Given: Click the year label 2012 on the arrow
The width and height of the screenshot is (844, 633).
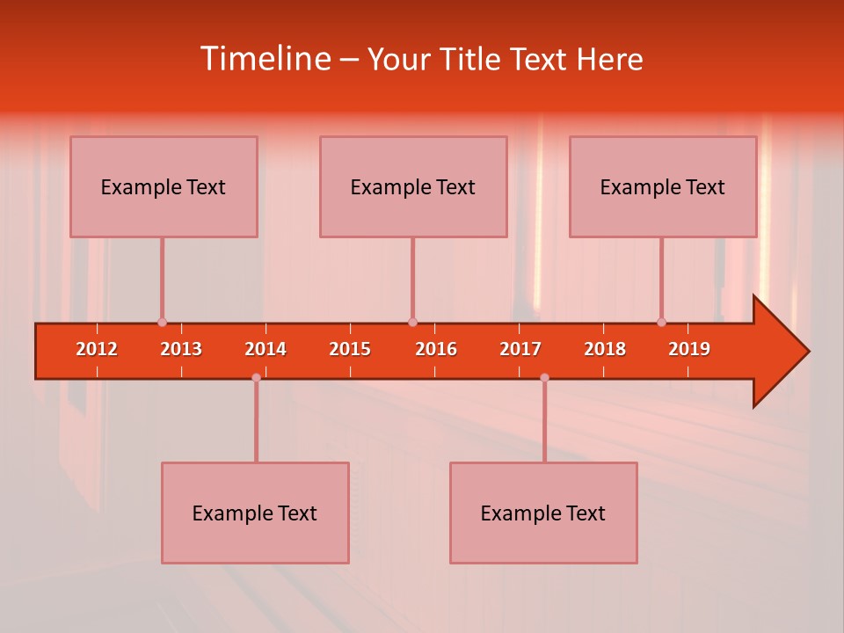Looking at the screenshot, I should (x=97, y=349).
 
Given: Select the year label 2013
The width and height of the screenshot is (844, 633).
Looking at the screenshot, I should (x=181, y=349).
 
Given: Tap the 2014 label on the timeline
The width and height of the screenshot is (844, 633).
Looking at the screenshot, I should (x=266, y=349).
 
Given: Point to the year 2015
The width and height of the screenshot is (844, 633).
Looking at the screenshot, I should (x=350, y=349).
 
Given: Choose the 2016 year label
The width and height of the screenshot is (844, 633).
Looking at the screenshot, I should (x=436, y=349).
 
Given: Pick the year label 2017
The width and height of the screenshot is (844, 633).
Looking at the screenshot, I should (x=520, y=349).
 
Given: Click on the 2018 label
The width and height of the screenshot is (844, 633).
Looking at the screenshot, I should (x=605, y=349).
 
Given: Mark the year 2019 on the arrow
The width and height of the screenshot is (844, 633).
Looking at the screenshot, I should (x=689, y=349).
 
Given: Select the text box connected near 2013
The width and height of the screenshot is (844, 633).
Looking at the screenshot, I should (x=164, y=186).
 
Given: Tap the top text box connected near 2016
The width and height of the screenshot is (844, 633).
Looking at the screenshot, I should (x=413, y=186).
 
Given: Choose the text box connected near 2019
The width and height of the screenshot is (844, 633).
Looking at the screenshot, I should (x=663, y=186).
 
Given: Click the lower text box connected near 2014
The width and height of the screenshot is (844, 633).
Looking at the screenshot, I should (x=255, y=513).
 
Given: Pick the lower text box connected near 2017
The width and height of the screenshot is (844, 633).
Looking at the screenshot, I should (x=543, y=513).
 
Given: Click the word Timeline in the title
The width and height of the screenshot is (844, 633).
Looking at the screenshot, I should (x=264, y=59).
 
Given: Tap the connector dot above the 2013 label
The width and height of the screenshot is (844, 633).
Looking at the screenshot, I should (x=162, y=323).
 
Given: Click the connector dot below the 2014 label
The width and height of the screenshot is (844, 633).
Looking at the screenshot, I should (x=256, y=377).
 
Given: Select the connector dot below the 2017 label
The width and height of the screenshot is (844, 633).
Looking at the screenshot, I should (x=544, y=377).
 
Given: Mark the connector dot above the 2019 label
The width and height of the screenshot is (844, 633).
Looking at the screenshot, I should (x=661, y=323).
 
